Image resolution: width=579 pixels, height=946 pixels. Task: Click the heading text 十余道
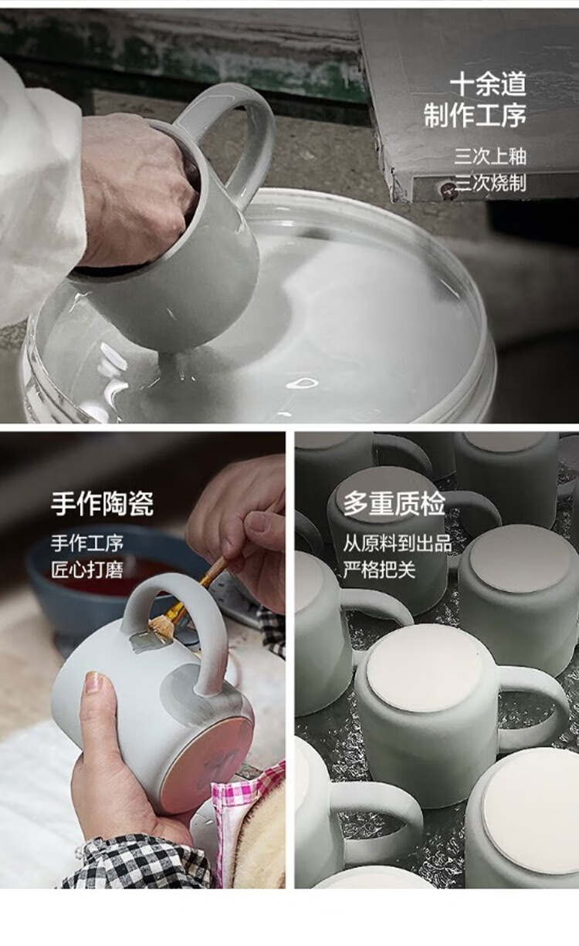point(488,84)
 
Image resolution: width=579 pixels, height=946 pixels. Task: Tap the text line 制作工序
point(475,115)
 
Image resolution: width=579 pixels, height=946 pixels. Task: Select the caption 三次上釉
point(490,157)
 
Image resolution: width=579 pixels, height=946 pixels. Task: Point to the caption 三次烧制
point(490,184)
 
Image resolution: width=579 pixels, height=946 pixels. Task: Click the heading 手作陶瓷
point(102,503)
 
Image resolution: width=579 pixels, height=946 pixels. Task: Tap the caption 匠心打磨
point(87,569)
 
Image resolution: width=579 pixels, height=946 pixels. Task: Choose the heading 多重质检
point(394,503)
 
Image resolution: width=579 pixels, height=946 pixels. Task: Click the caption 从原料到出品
point(398,543)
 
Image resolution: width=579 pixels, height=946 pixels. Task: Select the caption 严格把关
point(379,569)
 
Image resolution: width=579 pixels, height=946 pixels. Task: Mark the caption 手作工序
point(87,543)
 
